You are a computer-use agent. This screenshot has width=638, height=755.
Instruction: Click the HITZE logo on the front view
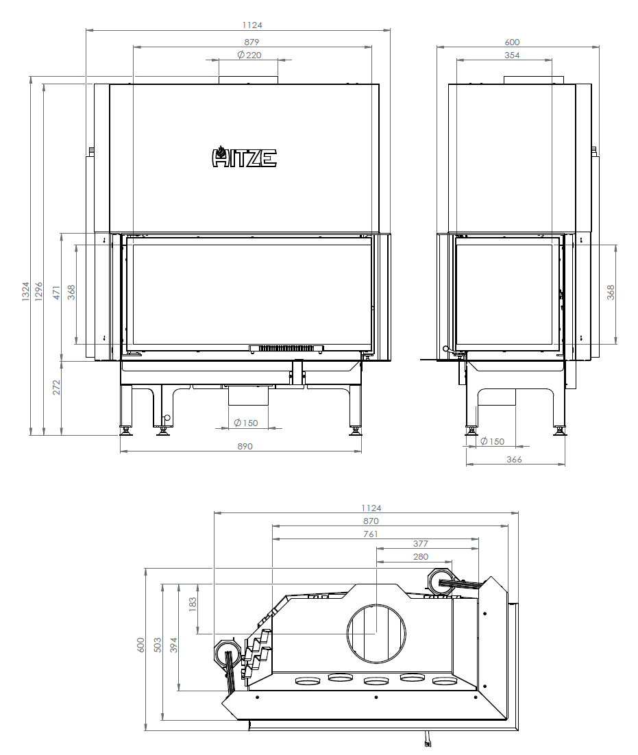(244, 157)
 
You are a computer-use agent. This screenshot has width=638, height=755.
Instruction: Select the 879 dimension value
(251, 42)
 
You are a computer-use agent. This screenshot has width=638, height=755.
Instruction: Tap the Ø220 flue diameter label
(249, 55)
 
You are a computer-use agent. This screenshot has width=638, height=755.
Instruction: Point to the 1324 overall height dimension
(25, 292)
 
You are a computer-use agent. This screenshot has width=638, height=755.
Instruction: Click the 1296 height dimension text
(39, 292)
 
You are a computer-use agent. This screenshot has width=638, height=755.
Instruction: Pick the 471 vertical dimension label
(57, 293)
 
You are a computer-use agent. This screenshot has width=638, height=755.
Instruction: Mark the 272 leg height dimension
(57, 388)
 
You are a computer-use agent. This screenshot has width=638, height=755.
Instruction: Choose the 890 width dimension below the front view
(245, 447)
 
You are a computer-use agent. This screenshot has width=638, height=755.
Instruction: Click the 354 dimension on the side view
(512, 55)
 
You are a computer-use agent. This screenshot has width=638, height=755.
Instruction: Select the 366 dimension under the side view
(514, 459)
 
